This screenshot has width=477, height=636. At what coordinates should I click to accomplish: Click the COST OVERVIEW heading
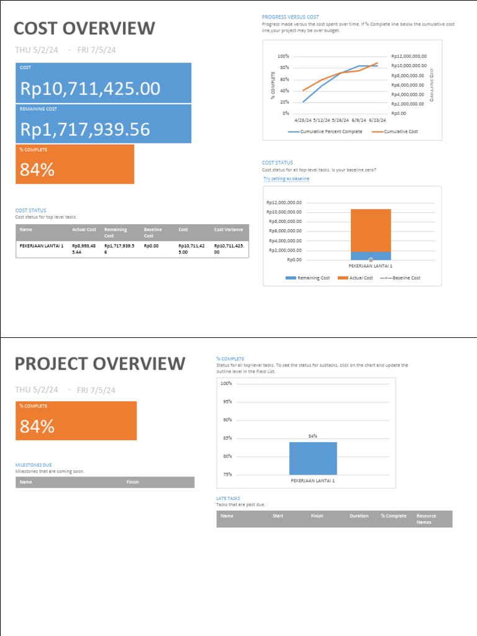click(84, 29)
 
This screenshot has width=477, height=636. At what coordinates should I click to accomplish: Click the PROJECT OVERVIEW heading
click(99, 364)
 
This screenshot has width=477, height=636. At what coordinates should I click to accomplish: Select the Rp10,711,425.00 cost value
click(90, 89)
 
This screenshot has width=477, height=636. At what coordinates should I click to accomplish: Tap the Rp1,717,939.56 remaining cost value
click(85, 129)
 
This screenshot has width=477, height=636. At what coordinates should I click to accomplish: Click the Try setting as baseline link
click(286, 179)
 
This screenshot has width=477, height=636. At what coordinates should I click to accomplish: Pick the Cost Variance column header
click(228, 230)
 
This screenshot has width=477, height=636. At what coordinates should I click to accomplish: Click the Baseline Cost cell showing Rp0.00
click(151, 246)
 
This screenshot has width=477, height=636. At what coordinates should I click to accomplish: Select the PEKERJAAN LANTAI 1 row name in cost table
click(42, 246)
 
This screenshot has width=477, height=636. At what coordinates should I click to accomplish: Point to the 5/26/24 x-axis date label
click(340, 120)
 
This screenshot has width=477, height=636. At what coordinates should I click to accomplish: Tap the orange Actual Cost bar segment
click(371, 230)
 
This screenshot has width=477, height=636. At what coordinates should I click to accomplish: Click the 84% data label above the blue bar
click(313, 437)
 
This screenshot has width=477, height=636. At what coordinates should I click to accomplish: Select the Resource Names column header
click(426, 519)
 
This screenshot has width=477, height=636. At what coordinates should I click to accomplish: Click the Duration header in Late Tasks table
click(359, 516)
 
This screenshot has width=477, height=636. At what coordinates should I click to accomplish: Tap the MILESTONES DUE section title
click(34, 465)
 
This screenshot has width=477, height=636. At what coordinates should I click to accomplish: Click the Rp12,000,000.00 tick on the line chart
click(409, 57)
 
